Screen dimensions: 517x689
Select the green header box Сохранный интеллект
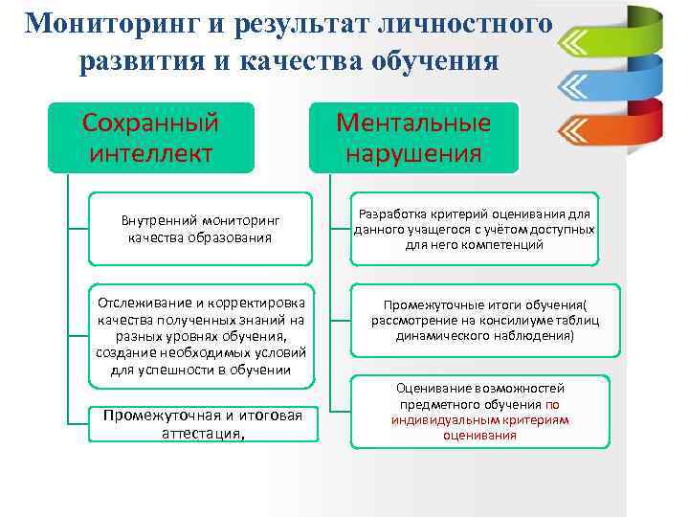coord(151,137)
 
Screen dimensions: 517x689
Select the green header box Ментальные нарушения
coord(413,137)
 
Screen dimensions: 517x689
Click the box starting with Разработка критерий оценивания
coord(475,229)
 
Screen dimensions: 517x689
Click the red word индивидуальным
coord(454,419)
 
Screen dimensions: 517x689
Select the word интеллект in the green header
coord(151,152)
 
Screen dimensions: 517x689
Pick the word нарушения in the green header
coord(413,152)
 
